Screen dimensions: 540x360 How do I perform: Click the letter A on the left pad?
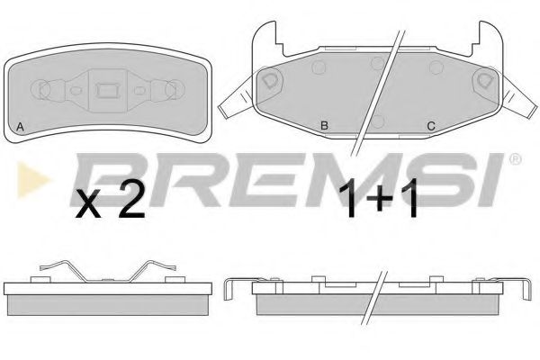coord(21,127)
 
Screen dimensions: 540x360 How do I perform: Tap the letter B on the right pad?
coord(324,126)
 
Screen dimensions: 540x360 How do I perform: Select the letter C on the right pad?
coord(431,126)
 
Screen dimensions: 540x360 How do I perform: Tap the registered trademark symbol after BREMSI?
coord(515,159)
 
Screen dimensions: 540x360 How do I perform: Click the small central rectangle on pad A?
coord(107,90)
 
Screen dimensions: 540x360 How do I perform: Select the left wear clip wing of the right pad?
coord(238,98)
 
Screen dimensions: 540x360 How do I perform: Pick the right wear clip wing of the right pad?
coord(519,98)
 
